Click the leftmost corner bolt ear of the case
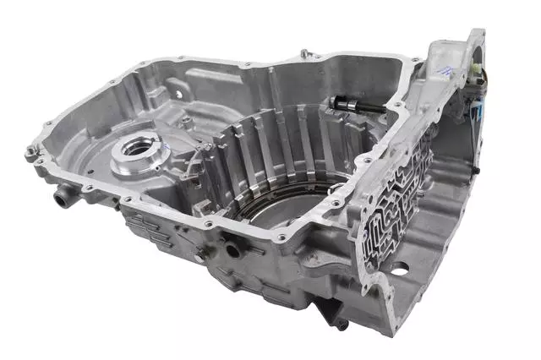pos(32,152)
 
